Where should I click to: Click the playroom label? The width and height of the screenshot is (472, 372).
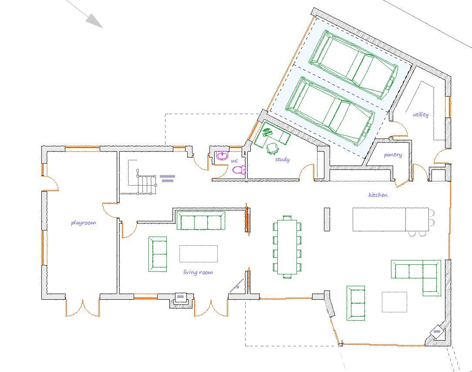pyautogui.click(x=83, y=223)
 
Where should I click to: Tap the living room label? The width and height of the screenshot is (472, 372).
pyautogui.click(x=198, y=272)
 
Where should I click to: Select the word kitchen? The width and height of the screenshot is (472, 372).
pyautogui.click(x=378, y=195)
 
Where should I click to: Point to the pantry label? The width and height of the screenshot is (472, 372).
pyautogui.click(x=393, y=155)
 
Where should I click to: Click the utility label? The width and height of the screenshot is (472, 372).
pyautogui.click(x=421, y=115)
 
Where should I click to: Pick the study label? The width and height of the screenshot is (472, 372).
pyautogui.click(x=282, y=159)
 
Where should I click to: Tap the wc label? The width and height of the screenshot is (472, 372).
pyautogui.click(x=234, y=161)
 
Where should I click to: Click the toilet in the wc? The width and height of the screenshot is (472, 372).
pyautogui.click(x=239, y=170)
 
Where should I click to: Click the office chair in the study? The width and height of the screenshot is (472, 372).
pyautogui.click(x=273, y=148)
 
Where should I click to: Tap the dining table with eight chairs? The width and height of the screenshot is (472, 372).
pyautogui.click(x=287, y=247)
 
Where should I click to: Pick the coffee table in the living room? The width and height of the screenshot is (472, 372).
pyautogui.click(x=199, y=254)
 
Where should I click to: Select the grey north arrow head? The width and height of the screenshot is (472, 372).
pyautogui.click(x=94, y=21)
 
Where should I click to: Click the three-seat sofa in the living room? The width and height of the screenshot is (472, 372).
pyautogui.click(x=201, y=221)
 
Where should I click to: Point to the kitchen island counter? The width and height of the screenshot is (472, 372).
pyautogui.click(x=391, y=219)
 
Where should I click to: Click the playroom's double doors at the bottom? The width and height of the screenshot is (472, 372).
pyautogui.click(x=82, y=307)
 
